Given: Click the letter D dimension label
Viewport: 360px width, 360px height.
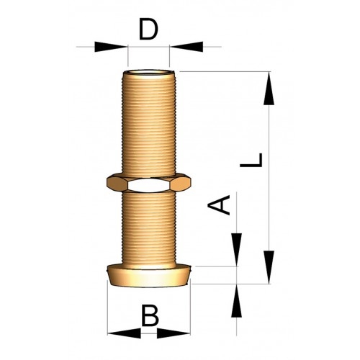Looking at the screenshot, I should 148,30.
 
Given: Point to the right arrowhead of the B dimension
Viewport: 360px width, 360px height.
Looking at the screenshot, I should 181,333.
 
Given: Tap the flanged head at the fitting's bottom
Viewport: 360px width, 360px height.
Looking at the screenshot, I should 149,274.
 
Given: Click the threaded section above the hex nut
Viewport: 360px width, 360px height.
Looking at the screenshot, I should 149,122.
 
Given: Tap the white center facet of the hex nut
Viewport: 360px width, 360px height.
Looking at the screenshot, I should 149,185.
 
